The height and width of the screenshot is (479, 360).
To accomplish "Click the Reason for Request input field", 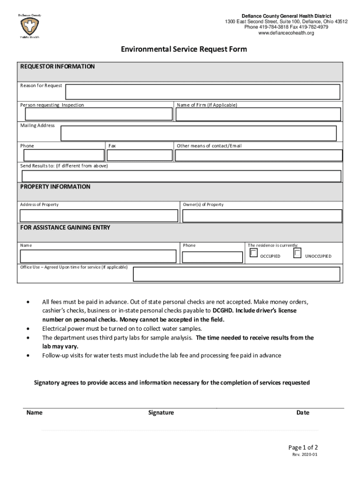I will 202,92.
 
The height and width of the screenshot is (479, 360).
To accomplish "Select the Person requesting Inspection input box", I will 99,114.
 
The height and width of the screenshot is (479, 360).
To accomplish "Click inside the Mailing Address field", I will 198,133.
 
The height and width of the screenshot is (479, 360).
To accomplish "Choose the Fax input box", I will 140,155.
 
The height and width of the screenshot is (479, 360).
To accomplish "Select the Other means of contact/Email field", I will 259,155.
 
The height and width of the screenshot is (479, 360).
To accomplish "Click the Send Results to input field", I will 181,176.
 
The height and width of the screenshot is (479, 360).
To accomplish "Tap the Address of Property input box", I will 99,216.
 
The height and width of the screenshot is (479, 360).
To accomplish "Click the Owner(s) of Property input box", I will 262,216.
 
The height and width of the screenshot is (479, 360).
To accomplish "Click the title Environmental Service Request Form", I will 184,49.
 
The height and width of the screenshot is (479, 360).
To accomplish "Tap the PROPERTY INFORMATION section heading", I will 55,187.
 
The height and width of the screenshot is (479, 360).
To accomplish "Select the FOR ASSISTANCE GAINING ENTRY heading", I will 65,228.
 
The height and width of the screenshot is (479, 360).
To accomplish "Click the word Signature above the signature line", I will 161,413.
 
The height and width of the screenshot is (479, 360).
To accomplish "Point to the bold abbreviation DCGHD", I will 223,311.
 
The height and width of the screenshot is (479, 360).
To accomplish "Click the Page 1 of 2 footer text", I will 303,447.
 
